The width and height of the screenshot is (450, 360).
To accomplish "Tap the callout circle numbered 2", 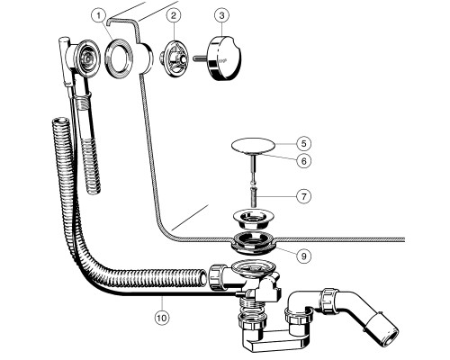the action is pyautogui.click(x=174, y=16).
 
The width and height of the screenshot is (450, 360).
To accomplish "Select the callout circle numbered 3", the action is pyautogui.click(x=221, y=16).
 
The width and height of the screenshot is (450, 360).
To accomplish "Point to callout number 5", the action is pyautogui.click(x=304, y=144).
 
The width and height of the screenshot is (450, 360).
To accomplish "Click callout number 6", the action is pyautogui.click(x=304, y=161).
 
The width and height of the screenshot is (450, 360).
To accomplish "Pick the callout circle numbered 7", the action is pyautogui.click(x=304, y=196).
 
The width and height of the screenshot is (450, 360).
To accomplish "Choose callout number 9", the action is pyautogui.click(x=304, y=256).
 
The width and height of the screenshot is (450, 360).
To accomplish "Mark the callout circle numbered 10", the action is pyautogui.click(x=162, y=318).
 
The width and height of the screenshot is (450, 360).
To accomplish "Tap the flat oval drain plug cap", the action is pyautogui.click(x=254, y=146).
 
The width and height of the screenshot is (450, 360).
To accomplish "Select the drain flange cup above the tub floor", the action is pyautogui.click(x=251, y=220).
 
